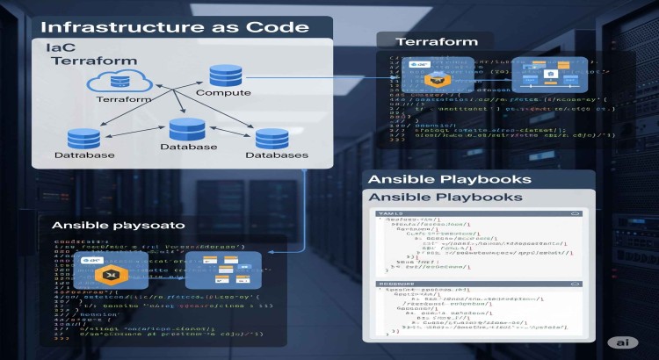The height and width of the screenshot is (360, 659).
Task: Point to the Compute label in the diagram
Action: [222, 91]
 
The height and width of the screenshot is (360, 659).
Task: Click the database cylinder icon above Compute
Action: [219, 74]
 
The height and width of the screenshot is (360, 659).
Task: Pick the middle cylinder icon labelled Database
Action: [186, 128]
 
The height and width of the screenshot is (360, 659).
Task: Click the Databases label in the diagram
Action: [276, 155]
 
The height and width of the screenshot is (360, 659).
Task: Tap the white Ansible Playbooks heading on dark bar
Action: [448, 179]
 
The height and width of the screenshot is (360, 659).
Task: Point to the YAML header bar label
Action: [390, 213]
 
